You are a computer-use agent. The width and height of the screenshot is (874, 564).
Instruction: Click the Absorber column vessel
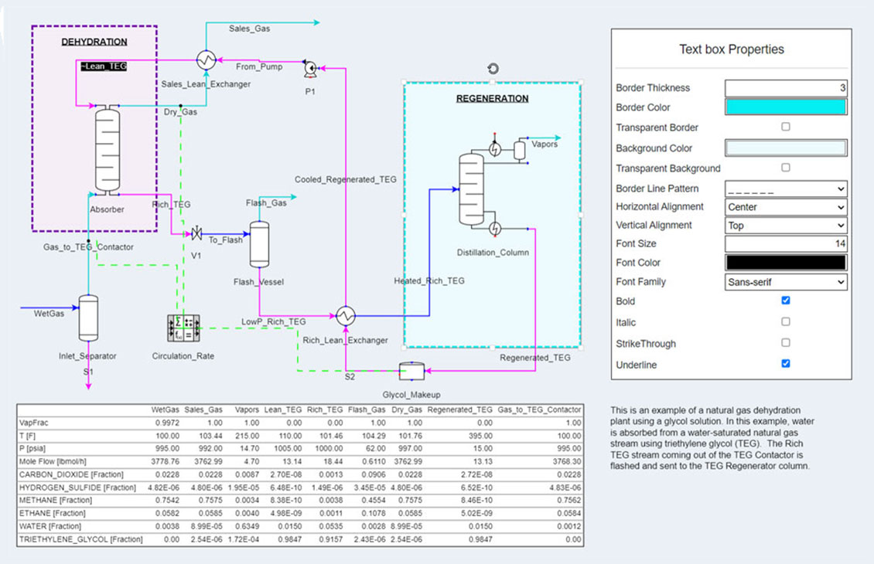111,151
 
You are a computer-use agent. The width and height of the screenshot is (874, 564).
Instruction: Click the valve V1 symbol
196,233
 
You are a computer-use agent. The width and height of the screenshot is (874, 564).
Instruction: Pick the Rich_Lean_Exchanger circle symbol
345,315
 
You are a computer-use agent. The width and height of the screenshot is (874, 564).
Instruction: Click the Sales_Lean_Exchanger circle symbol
206,59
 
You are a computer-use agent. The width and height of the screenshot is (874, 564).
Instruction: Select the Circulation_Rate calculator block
183,328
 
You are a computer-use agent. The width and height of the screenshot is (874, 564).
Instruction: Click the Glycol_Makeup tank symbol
411,372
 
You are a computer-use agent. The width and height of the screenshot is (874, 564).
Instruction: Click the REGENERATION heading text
492,99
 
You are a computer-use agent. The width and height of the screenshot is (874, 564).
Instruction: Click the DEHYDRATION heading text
94,42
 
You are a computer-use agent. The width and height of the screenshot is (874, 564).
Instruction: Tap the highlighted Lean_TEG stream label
103,67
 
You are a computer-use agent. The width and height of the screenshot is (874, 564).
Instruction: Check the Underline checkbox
785,363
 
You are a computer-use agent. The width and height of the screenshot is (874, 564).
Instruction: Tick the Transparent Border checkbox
785,127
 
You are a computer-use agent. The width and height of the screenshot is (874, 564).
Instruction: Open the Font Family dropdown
785,283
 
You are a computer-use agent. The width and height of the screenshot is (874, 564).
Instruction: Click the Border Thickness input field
785,88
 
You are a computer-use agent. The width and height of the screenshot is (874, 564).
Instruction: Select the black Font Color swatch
785,263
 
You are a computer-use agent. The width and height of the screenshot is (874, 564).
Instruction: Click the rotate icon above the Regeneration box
493,69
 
